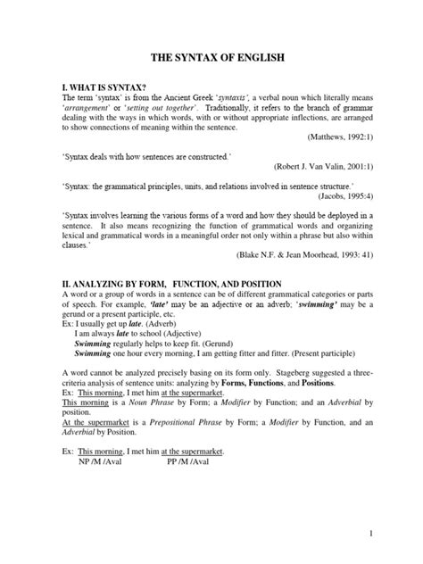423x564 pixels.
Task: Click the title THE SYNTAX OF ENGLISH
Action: [211, 56]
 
